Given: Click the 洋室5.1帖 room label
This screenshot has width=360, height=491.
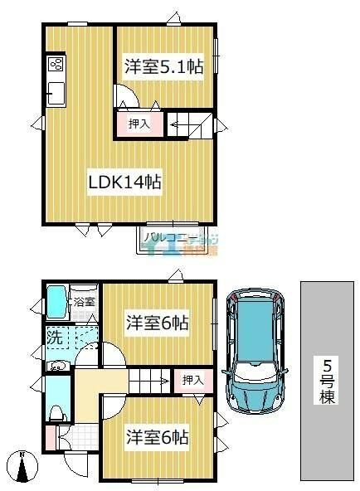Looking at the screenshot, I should tap(163, 67).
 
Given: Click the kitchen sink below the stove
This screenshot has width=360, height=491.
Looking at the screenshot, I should tap(56, 94).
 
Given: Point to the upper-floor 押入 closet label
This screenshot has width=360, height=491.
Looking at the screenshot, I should tap(139, 124).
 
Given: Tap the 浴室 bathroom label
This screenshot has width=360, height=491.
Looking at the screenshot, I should tap(85, 302).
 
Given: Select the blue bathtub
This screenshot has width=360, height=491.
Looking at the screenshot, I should tap(57, 302).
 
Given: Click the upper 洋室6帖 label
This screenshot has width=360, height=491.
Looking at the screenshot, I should tap(158, 322).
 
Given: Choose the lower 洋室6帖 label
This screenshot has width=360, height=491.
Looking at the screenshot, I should tap(158, 435).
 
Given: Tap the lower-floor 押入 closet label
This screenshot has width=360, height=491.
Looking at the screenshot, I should tap(192, 380).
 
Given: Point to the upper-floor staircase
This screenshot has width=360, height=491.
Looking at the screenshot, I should tap(188, 124).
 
